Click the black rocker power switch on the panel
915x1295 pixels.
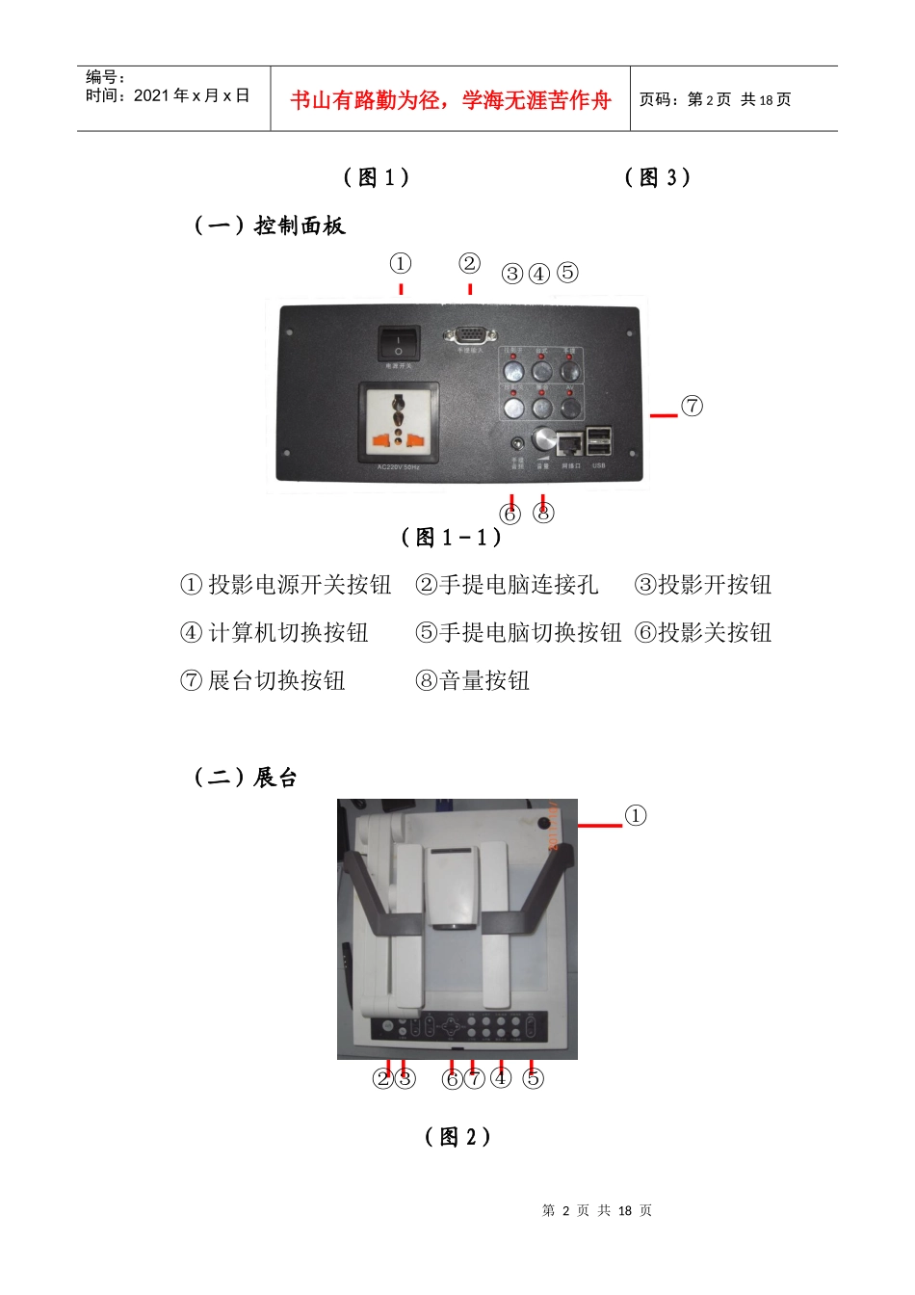398,343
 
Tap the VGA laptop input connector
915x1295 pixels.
468,334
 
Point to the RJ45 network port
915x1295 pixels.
570,444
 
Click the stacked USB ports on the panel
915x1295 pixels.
598,441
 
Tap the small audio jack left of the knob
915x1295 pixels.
518,444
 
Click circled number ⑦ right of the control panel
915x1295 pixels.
692,406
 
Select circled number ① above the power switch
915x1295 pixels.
400,263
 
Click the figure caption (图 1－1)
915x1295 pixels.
451,538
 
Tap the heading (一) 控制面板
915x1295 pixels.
269,225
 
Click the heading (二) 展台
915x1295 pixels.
246,777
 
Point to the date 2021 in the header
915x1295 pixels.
150,95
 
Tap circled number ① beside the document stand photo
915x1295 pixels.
636,815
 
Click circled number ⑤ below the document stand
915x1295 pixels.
533,1078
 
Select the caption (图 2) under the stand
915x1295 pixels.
457,1137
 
